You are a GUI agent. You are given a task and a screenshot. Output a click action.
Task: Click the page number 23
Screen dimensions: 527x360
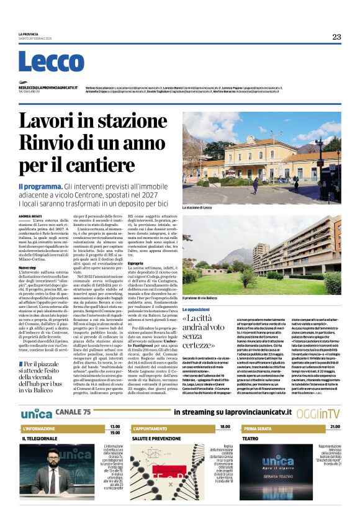pos(336,37)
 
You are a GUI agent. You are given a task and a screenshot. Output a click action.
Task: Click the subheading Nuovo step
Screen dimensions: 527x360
pos(27,267)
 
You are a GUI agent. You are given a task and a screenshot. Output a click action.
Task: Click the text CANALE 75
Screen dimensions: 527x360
pos(73,412)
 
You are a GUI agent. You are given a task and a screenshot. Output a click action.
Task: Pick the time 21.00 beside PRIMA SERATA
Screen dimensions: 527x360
pos(335,427)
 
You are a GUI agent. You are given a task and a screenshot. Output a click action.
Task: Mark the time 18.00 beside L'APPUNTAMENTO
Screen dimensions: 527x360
pos(225,427)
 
